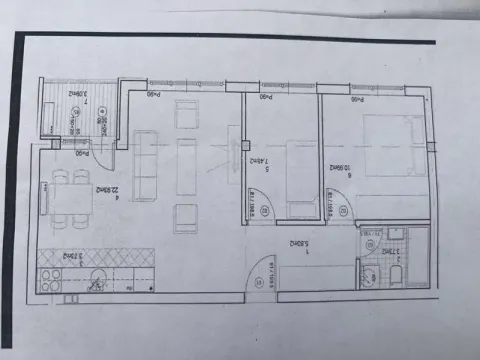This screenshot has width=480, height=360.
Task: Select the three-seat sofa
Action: point(148,165)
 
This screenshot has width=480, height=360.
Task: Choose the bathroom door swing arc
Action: point(372,243)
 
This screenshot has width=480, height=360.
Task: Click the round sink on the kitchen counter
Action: point(97,276)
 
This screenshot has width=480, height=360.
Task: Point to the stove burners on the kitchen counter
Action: point(68,296)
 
